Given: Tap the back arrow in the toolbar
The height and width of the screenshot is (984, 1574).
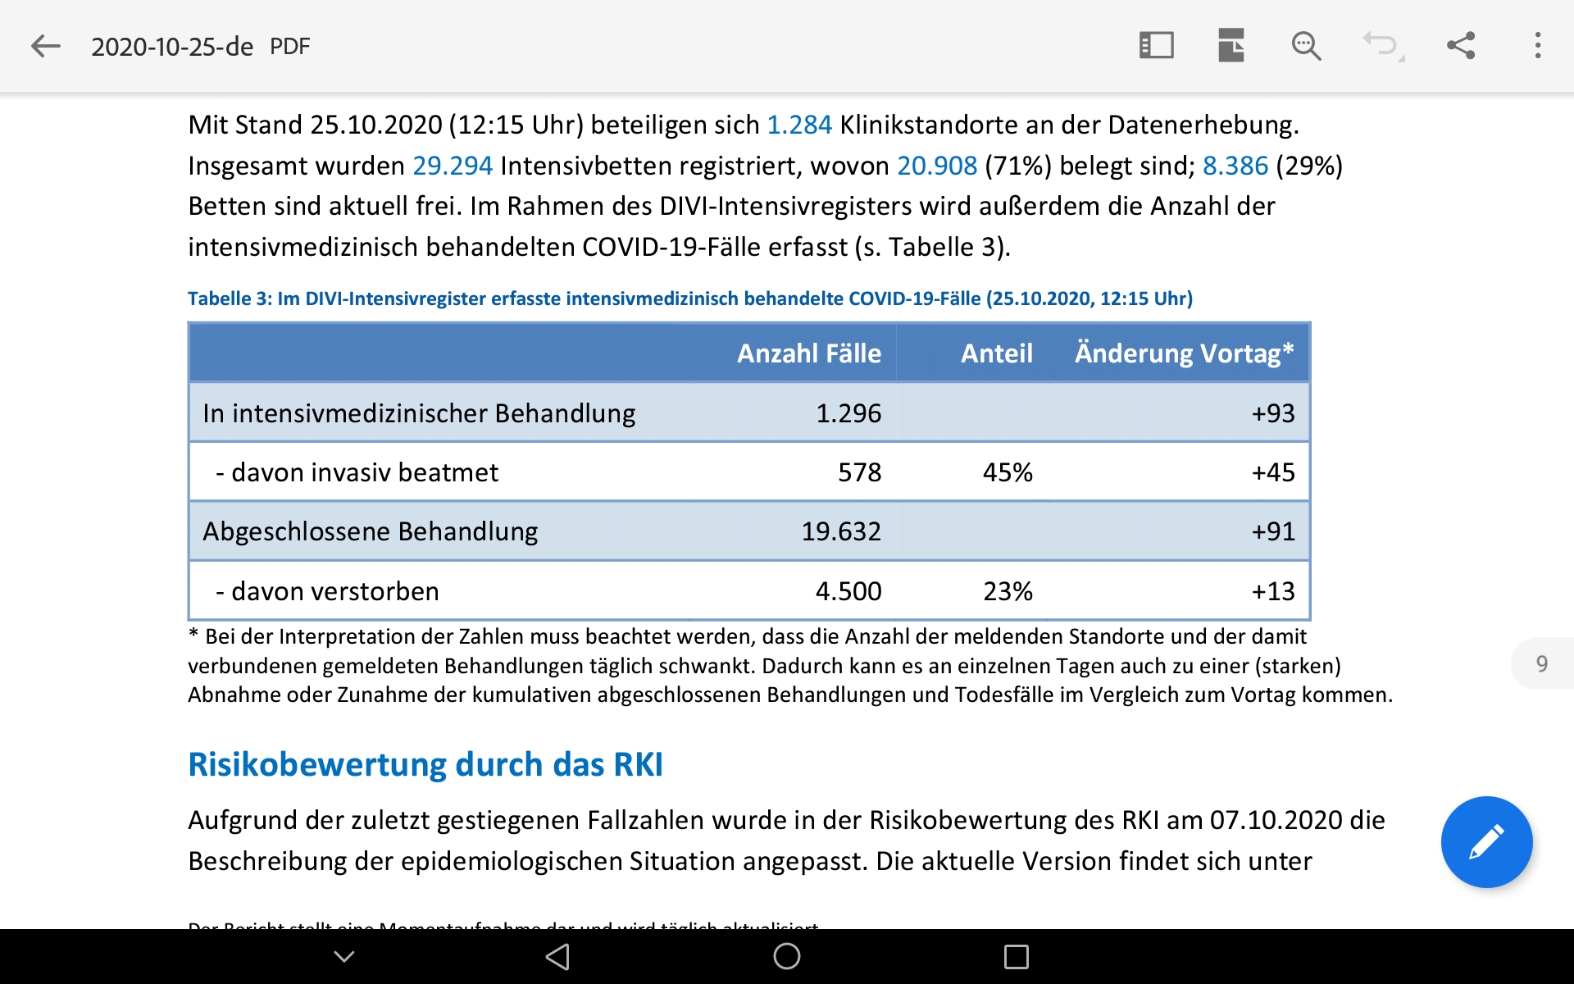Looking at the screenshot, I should (46, 46).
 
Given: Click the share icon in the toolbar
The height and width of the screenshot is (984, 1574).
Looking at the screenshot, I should (1460, 46).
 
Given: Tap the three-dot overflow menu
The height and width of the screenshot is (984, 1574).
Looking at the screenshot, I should (1537, 46).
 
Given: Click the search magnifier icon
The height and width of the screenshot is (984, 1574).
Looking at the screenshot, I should (1305, 46).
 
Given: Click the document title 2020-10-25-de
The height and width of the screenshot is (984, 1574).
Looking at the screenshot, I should (172, 47).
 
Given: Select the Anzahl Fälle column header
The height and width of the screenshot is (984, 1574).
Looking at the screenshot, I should (808, 353).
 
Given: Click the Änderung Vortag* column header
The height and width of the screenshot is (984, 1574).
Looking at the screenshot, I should (1184, 353).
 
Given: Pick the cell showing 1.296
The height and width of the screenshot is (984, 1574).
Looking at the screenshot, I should (848, 413).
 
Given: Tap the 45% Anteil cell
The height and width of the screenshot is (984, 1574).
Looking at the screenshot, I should (1008, 472).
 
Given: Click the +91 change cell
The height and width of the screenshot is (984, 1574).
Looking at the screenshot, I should (1272, 531).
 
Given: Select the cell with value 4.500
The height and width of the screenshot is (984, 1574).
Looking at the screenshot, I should (848, 591).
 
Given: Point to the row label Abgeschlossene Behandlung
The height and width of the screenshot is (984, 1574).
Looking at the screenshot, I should (371, 531).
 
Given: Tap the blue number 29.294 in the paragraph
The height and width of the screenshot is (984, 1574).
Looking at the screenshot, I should (453, 166).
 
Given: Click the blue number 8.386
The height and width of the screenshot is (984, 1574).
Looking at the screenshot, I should (1235, 166).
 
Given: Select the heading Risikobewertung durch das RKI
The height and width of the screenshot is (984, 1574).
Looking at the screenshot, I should (425, 764).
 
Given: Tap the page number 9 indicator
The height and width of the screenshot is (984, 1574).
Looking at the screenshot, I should (1541, 663).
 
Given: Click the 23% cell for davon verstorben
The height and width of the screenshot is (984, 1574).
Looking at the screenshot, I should (1008, 591).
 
